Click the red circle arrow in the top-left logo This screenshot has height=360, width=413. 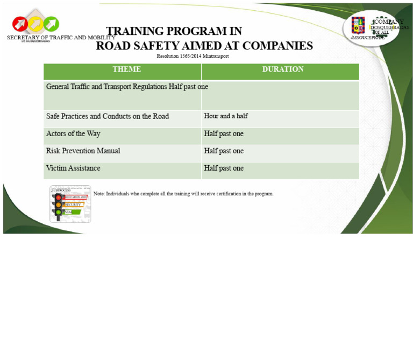click(20, 24)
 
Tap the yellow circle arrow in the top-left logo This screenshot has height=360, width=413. click(36, 24)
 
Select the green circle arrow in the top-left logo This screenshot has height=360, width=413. click(51, 24)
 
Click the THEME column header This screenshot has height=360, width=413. click(126, 69)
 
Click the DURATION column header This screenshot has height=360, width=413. click(283, 69)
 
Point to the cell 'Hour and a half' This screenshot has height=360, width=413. click(226, 116)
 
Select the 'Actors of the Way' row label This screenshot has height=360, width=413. click(73, 133)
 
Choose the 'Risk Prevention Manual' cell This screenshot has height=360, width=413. click(83, 151)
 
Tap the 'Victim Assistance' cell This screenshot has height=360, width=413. click(73, 168)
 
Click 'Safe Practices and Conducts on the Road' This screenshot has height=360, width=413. click(108, 116)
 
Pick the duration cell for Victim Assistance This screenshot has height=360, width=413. click(224, 168)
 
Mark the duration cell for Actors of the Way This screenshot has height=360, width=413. click(224, 133)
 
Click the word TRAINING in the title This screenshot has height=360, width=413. click(134, 31)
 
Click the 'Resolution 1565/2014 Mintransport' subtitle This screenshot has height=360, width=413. click(193, 56)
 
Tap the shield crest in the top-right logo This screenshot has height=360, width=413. click(358, 25)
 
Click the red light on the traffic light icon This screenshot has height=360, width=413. click(58, 197)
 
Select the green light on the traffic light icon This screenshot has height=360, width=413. click(58, 212)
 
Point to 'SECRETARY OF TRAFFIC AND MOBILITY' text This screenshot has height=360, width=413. click(61, 38)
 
